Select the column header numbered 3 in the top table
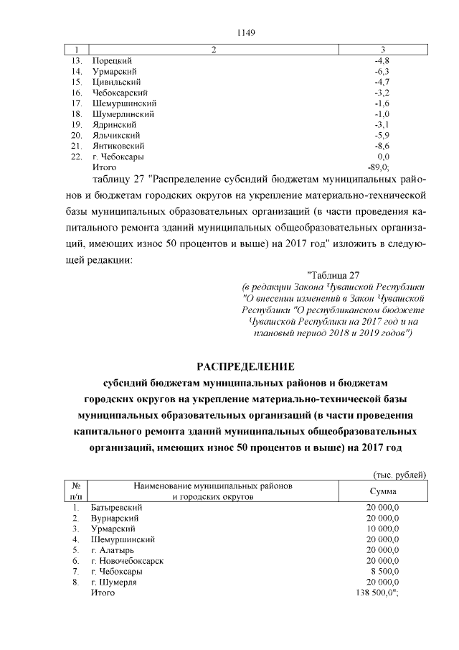(383, 50)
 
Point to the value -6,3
(382, 73)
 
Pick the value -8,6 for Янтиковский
(382, 146)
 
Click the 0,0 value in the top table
(383, 156)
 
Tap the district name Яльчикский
(115, 135)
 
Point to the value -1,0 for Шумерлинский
(382, 114)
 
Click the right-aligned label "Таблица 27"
(333, 274)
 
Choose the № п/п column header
(76, 491)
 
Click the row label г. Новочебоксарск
(128, 560)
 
